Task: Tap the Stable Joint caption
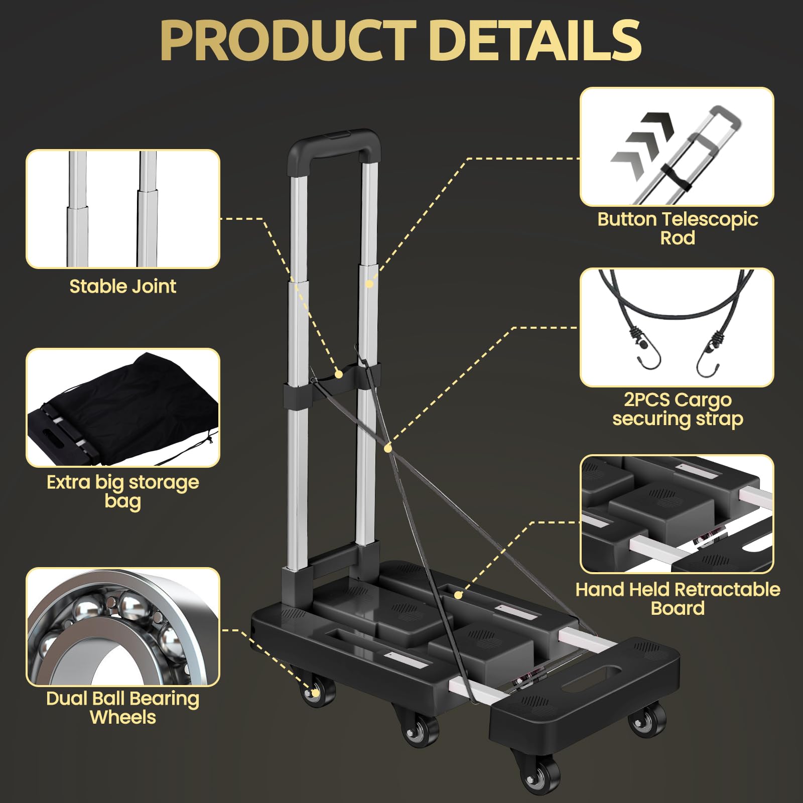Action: (x=122, y=287)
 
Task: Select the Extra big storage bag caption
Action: (x=122, y=491)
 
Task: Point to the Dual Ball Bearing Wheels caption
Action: (x=122, y=708)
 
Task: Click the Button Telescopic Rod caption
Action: (x=678, y=228)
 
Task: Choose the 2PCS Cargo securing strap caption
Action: (x=678, y=409)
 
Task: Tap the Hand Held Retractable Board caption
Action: (x=678, y=598)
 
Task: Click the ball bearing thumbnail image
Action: (x=122, y=627)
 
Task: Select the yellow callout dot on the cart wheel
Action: (x=315, y=693)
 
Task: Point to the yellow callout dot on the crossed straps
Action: (x=388, y=448)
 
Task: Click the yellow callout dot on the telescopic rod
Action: (x=369, y=284)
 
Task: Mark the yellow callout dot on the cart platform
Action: (x=458, y=595)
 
